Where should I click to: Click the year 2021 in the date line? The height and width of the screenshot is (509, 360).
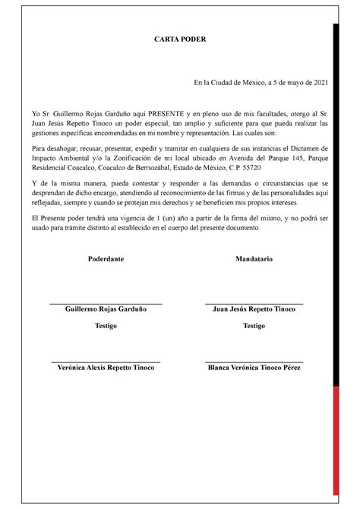tap(319, 83)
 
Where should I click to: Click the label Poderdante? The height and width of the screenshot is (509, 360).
tap(106, 259)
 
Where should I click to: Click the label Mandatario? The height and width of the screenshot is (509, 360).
tap(254, 259)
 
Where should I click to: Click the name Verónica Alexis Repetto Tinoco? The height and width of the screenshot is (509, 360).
tap(106, 368)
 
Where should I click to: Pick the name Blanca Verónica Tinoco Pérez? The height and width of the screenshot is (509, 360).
tap(254, 368)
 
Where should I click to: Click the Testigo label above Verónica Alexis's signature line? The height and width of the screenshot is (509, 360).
tap(106, 326)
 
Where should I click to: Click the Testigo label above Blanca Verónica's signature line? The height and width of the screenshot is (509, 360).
tap(254, 326)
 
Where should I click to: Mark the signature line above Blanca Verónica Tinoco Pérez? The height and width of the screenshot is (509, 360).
tap(254, 362)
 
